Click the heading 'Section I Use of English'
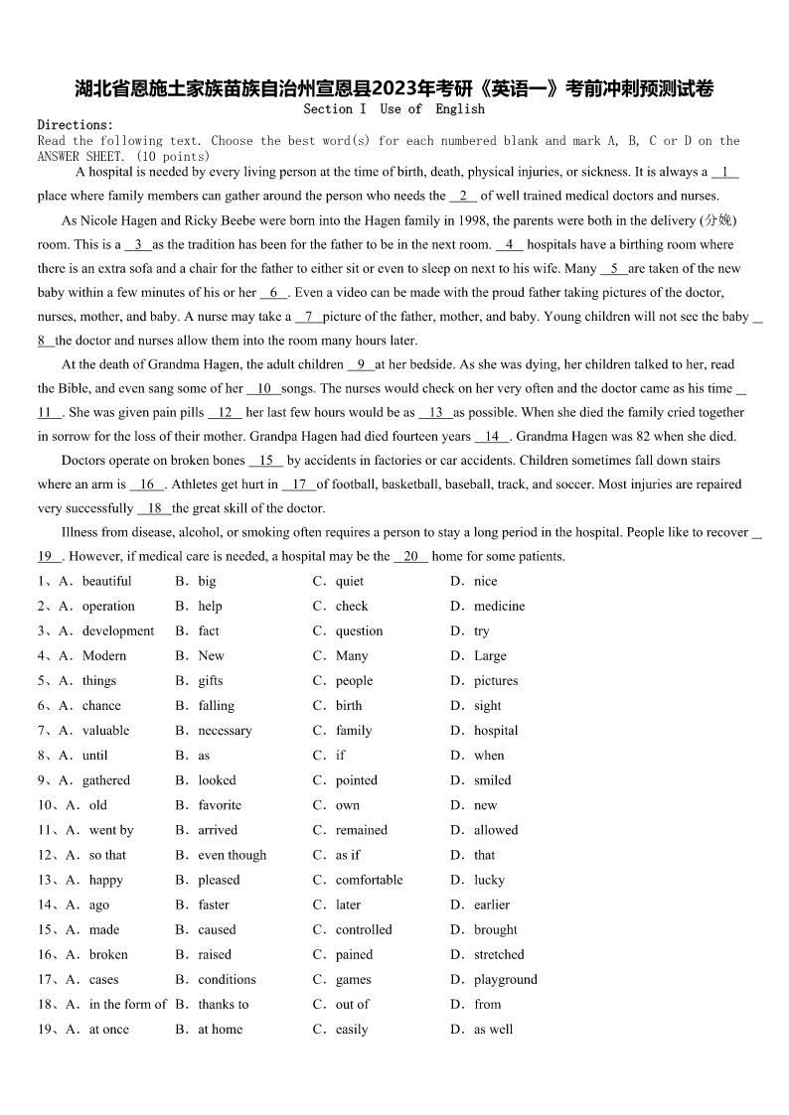(x=394, y=109)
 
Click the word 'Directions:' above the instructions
(x=76, y=125)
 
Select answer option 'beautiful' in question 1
(x=106, y=581)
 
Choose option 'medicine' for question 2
(x=499, y=606)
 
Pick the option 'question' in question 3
(x=359, y=630)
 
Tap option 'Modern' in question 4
(x=104, y=655)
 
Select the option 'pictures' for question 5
(x=496, y=681)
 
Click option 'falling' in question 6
(x=216, y=706)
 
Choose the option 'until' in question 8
(x=95, y=756)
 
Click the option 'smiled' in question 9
(x=492, y=780)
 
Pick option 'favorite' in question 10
(x=220, y=805)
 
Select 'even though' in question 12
(x=233, y=855)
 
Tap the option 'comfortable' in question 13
(x=369, y=880)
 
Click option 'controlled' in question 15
(x=364, y=929)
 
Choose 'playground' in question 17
(x=505, y=979)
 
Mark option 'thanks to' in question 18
(x=224, y=1004)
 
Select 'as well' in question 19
(x=493, y=1030)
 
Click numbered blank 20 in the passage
(x=410, y=557)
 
